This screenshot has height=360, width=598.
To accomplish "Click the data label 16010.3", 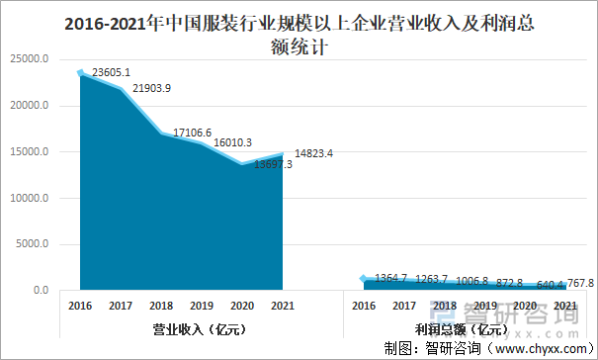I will point(232,142).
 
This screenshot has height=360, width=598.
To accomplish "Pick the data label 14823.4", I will point(314,152).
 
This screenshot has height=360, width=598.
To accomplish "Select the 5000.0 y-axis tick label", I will point(35,244).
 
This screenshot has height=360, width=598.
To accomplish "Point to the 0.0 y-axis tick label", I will point(43,291).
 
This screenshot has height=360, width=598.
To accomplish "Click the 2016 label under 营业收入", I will point(81,306).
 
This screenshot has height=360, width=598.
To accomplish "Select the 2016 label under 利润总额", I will point(364,306).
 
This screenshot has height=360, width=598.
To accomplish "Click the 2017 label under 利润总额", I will point(404,306).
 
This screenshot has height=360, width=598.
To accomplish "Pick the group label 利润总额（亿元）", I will point(463,328).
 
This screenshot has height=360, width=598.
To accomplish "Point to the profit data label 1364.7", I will point(392,278).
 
